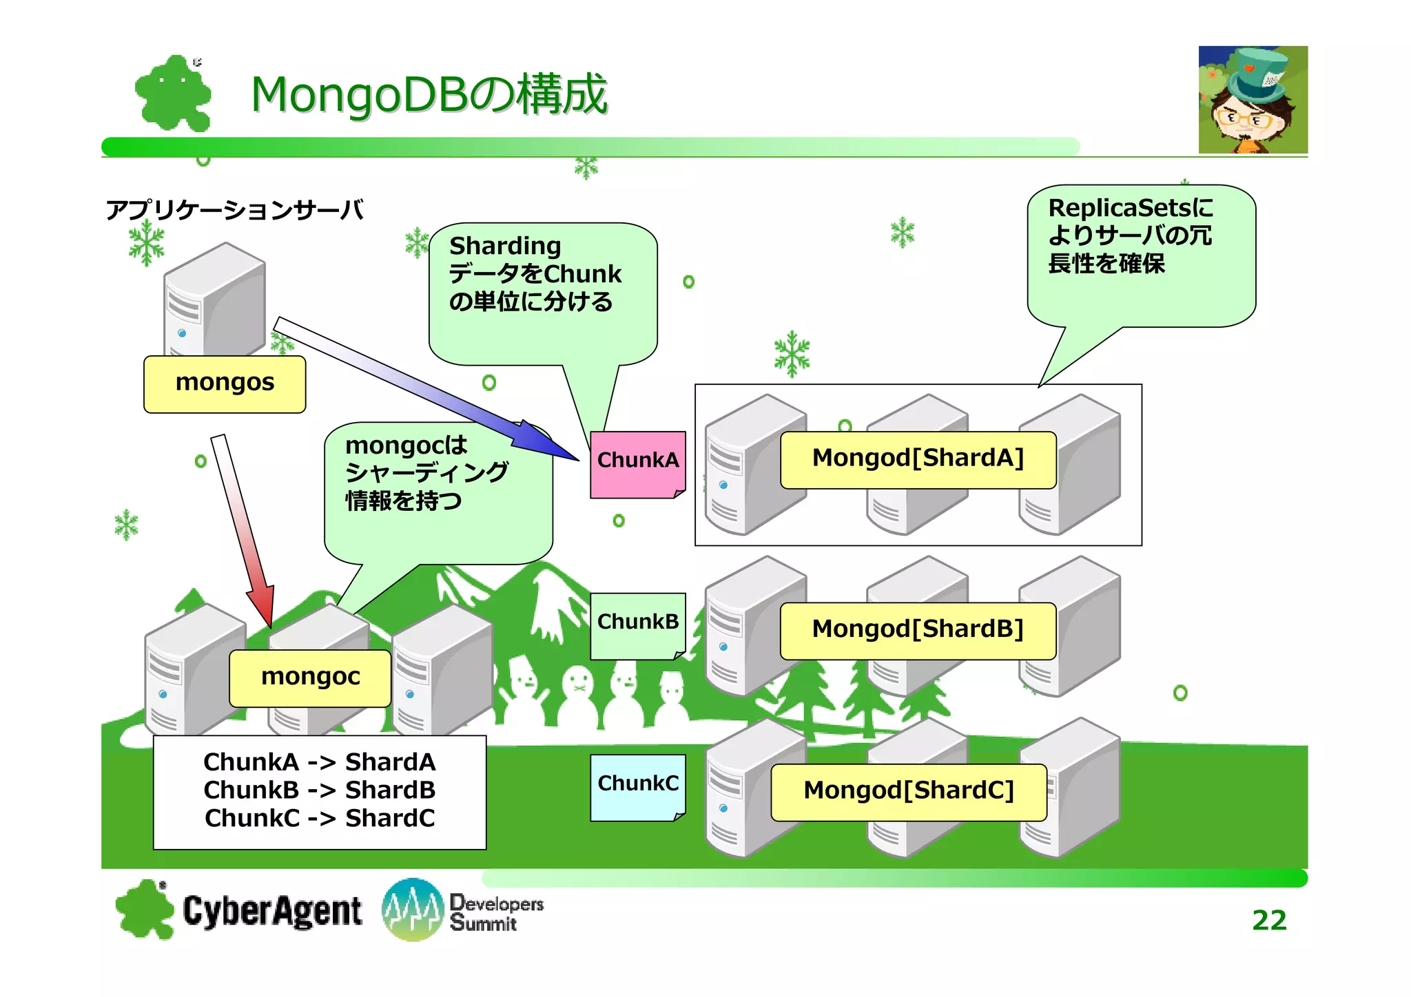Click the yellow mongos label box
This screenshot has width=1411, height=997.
point(225,384)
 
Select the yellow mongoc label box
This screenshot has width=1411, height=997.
point(310,678)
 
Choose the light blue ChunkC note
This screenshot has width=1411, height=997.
point(637,786)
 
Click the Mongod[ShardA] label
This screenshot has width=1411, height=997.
point(918,459)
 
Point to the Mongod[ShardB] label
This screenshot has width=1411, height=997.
point(918,630)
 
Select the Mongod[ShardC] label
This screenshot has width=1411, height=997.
point(908,791)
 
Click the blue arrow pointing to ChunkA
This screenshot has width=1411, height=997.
point(427,388)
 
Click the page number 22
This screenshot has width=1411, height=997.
point(1268,920)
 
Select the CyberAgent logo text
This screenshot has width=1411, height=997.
point(272,910)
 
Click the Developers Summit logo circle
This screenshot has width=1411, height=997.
point(412,909)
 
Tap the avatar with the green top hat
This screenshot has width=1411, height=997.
point(1253,100)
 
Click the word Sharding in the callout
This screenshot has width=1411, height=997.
point(505,246)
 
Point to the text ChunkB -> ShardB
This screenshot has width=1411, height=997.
point(319,790)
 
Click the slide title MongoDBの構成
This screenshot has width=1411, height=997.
point(429,94)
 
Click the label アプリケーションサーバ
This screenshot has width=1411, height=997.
point(234,209)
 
